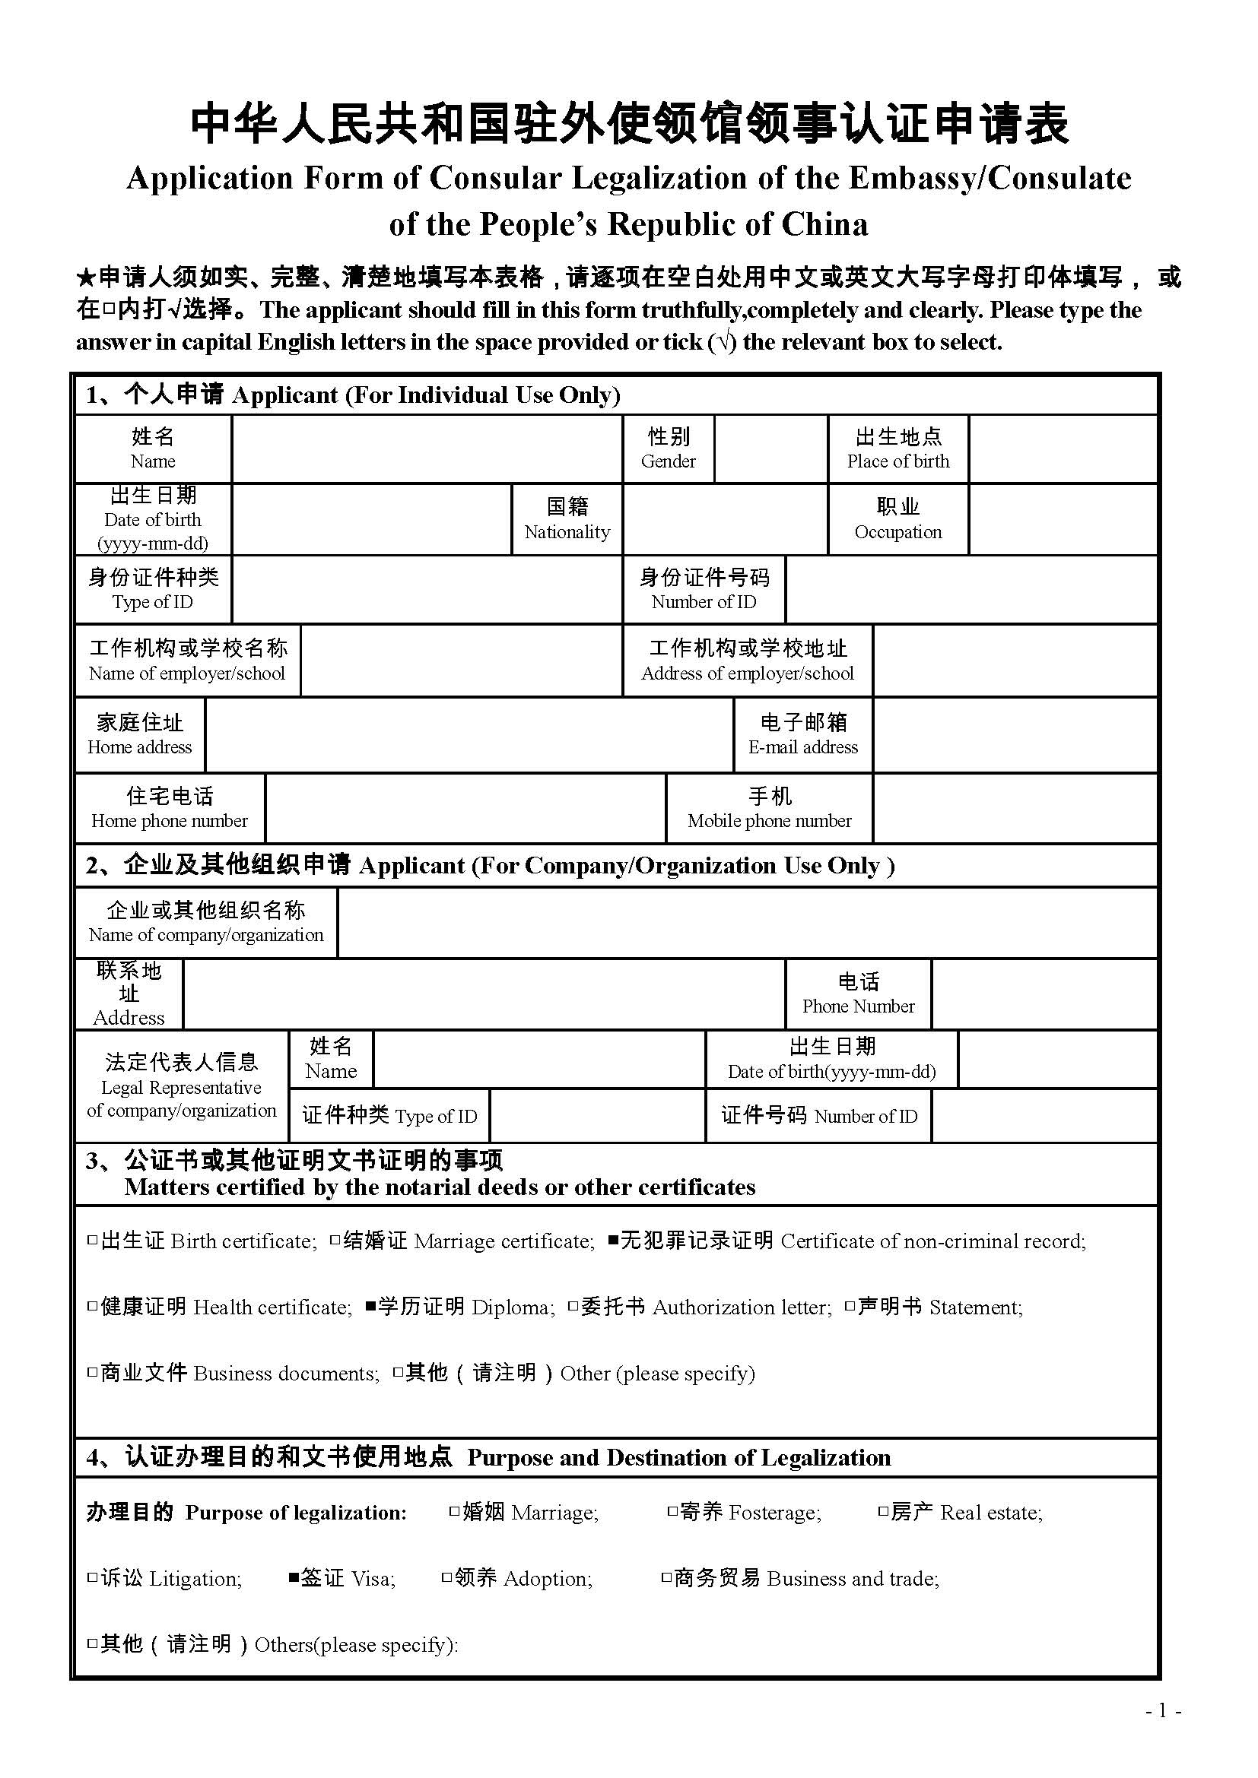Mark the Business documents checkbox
click(x=92, y=1373)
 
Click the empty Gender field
click(x=770, y=449)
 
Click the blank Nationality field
click(x=724, y=519)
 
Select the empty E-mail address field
click(x=1014, y=734)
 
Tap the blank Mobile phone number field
click(x=1014, y=808)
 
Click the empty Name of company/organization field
click(x=747, y=922)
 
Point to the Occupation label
click(x=897, y=519)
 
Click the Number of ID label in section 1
click(x=704, y=589)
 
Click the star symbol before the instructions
click(x=85, y=277)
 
